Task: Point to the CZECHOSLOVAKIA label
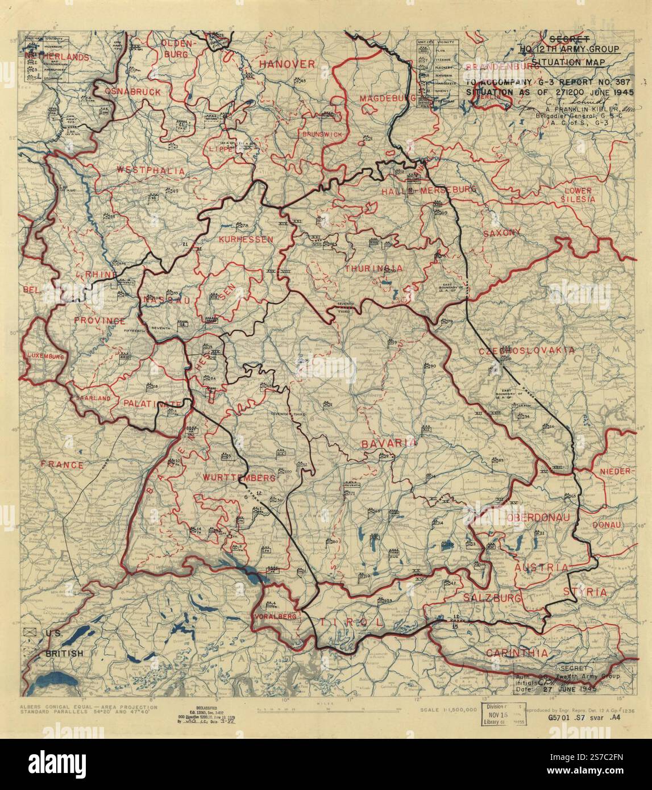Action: pos(526,351)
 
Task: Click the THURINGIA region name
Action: pos(374,268)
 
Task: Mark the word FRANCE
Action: pos(62,465)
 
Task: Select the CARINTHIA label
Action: pos(517,653)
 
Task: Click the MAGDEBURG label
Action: pos(388,98)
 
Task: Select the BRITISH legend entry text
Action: pos(64,654)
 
